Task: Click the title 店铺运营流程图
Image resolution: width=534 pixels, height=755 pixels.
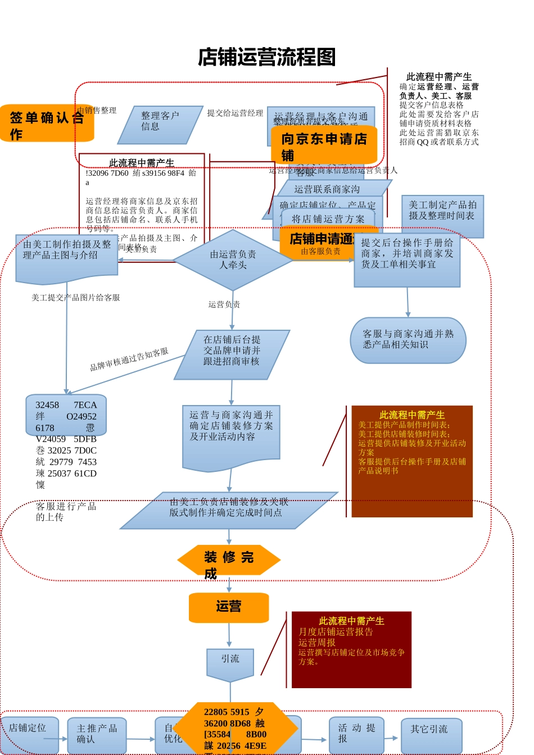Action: [266, 57]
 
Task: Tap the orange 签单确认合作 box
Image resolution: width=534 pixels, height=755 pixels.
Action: [47, 124]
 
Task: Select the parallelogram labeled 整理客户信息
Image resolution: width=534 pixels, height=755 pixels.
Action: [160, 124]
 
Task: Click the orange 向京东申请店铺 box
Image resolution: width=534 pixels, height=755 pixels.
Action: [324, 145]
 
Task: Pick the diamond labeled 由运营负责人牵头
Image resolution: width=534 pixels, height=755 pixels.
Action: [233, 260]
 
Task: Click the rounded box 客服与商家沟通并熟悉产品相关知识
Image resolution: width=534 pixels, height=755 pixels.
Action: [408, 340]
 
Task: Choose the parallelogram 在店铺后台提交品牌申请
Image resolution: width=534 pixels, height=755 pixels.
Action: [232, 354]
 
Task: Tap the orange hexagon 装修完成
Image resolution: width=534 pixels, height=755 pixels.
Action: [228, 560]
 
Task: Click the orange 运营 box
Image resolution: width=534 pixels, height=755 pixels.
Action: [228, 607]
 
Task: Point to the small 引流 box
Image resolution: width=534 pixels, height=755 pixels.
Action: [230, 663]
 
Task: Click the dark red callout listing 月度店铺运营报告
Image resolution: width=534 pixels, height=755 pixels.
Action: [351, 649]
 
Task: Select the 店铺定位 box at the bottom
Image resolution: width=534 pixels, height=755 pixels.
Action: [29, 734]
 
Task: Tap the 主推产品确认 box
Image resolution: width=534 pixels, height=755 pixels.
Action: [97, 735]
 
